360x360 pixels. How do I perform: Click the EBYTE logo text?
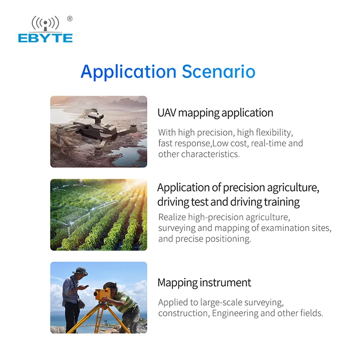(45, 38)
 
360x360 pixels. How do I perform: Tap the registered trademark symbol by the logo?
(70, 19)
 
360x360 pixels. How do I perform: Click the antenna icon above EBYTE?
(45, 23)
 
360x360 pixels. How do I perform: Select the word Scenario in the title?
(219, 72)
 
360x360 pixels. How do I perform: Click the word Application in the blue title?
(129, 72)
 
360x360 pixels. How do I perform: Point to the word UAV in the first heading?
(167, 113)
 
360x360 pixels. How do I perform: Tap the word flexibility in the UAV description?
(274, 132)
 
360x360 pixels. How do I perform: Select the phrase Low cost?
(230, 143)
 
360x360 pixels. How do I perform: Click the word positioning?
(228, 239)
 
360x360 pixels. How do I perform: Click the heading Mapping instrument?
(204, 283)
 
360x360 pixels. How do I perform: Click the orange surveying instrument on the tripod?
(102, 294)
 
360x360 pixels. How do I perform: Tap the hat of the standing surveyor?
(80, 271)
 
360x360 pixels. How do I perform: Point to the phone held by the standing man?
(86, 286)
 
